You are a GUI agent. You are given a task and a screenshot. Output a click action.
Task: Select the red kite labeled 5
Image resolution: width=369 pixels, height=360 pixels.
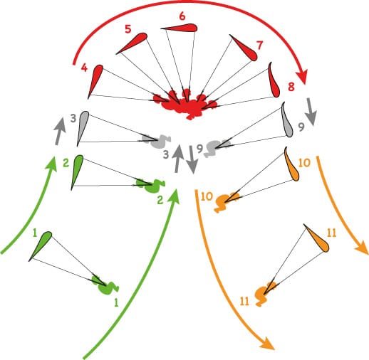coord(133,43)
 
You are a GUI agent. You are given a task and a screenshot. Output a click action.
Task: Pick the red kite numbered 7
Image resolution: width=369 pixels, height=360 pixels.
coord(244,48)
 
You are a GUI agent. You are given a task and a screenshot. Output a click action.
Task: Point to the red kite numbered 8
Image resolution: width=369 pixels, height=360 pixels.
coord(274,80)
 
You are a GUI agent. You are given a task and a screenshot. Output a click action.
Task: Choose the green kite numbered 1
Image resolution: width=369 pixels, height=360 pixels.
coord(41,245)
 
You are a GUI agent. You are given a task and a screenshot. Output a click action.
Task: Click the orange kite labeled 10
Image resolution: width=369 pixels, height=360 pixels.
coord(292,165)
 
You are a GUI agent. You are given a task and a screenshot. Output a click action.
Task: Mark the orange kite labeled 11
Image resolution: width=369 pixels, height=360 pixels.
coord(317,238)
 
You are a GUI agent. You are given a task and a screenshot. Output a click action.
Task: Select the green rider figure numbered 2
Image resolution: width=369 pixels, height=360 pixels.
coord(150,184)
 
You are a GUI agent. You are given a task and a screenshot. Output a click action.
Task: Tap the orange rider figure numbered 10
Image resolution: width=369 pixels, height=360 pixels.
coord(225,201)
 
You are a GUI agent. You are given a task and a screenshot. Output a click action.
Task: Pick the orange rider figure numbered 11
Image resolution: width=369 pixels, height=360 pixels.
coord(265,293)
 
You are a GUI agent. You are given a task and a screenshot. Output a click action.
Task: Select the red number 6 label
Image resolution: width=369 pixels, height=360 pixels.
coord(182,16)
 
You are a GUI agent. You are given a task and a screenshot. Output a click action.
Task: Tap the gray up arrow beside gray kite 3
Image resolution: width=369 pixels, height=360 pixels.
coord(59,131)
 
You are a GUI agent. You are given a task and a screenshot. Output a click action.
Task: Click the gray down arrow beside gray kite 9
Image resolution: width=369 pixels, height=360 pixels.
coord(311,112)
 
